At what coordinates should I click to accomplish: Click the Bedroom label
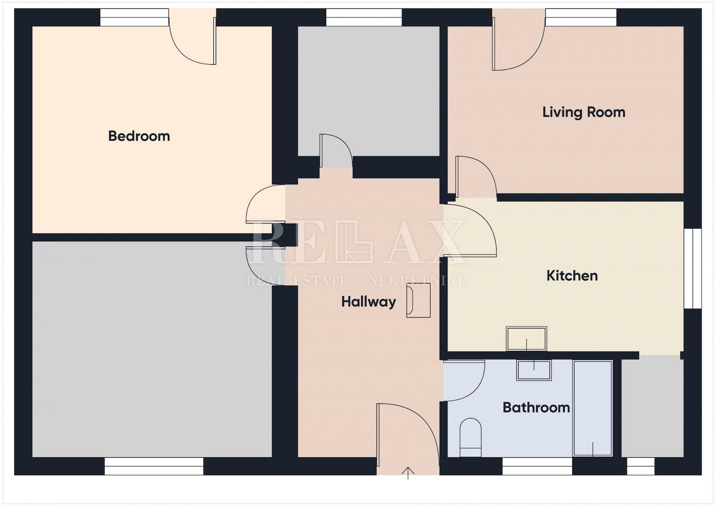(x=139, y=136)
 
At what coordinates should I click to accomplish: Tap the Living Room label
(x=584, y=112)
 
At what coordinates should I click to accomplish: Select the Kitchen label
(x=572, y=275)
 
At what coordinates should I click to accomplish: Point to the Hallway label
(x=369, y=302)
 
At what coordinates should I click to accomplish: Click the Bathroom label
(x=536, y=408)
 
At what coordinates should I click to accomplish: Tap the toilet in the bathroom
(x=470, y=437)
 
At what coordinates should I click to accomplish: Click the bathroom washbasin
(x=534, y=370)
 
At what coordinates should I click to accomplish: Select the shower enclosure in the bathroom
(x=593, y=408)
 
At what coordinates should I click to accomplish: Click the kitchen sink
(x=527, y=339)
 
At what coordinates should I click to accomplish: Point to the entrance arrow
(x=408, y=473)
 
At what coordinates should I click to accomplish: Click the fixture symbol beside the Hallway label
(x=418, y=301)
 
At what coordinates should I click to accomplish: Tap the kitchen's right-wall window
(x=693, y=268)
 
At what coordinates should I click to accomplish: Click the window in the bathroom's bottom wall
(x=537, y=466)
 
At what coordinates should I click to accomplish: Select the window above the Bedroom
(x=135, y=17)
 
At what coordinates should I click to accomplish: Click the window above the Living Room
(x=581, y=17)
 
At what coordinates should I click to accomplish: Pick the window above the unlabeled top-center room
(x=364, y=17)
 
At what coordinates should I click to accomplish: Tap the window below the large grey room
(x=154, y=466)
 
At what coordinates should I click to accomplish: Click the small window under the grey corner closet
(x=641, y=466)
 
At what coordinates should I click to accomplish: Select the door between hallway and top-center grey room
(x=336, y=150)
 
